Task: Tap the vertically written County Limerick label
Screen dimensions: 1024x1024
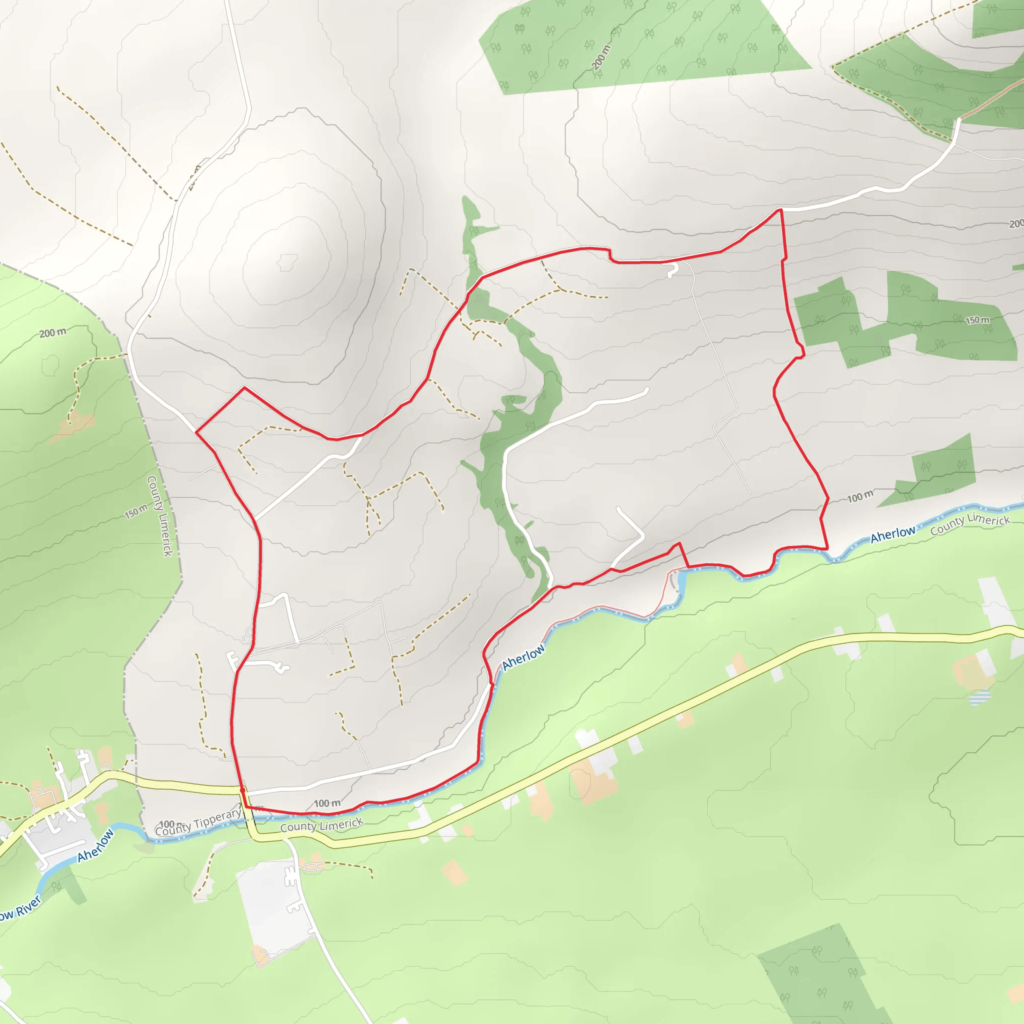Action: (159, 515)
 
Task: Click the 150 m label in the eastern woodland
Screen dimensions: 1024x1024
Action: (977, 320)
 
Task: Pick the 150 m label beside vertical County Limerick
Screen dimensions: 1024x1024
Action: (136, 511)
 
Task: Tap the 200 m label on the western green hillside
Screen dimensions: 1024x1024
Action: (53, 333)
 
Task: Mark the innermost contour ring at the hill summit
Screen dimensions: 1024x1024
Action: (288, 262)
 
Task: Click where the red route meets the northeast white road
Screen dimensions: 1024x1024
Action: (780, 210)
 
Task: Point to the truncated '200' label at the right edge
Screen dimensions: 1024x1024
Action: (1015, 223)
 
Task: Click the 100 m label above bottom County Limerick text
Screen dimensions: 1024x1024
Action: (327, 803)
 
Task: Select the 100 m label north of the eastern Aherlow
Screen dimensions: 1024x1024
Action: (859, 496)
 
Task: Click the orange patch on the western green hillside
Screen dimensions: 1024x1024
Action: (74, 425)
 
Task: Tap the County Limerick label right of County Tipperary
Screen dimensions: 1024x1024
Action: (321, 824)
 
